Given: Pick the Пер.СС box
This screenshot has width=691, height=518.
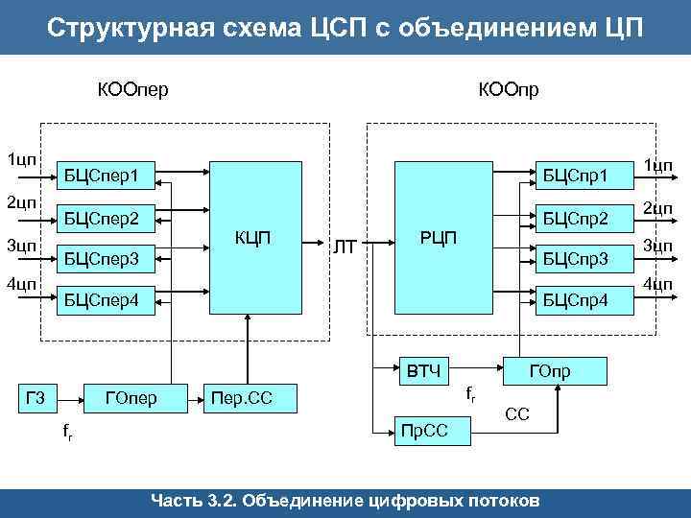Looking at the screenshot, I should click(x=247, y=397).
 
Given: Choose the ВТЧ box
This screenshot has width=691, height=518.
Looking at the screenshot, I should click(x=423, y=369).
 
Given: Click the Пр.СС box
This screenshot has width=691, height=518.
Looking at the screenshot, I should click(x=423, y=431).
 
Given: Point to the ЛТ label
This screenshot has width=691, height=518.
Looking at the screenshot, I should click(x=345, y=248).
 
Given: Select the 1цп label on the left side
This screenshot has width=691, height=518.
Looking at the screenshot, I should click(x=20, y=157).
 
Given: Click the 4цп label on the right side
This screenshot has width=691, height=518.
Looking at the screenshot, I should click(x=657, y=283).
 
